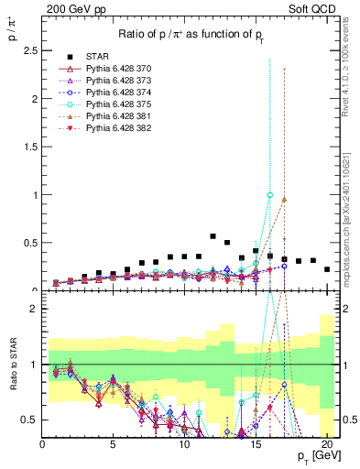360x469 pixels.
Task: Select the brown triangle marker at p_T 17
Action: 285,199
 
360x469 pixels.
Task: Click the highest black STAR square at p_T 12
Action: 213,236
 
